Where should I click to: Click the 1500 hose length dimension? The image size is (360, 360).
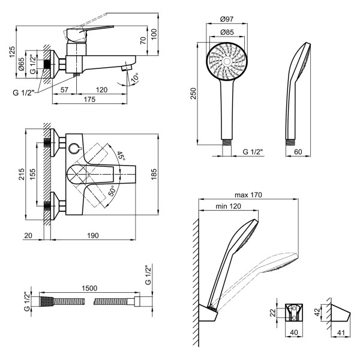[89, 289]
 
